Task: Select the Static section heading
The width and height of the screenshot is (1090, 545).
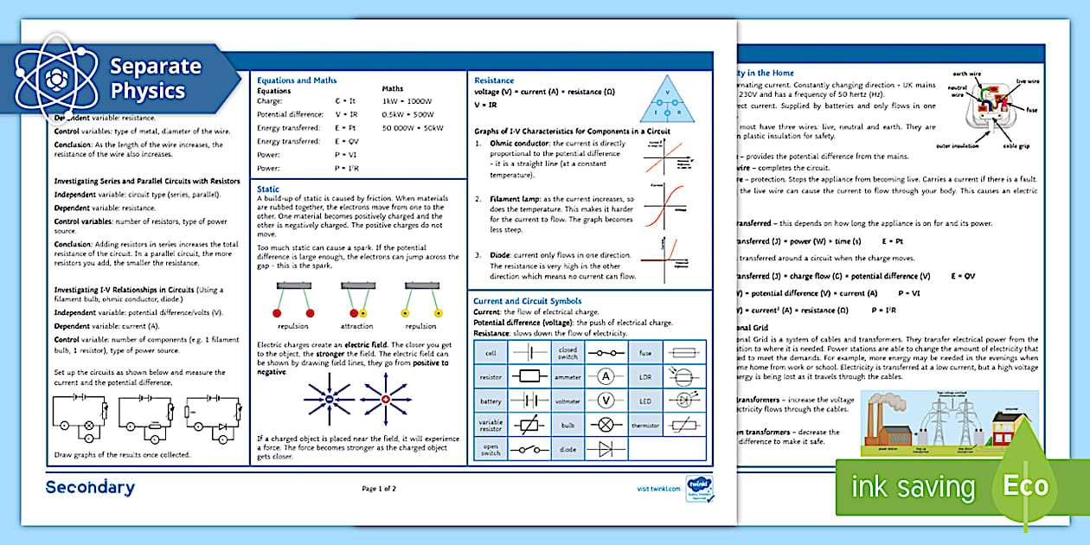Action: point(267,188)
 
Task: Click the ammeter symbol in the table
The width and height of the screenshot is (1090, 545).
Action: point(606,376)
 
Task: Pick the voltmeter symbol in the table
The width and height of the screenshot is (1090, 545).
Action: point(606,401)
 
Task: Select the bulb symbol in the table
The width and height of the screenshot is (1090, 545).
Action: point(606,425)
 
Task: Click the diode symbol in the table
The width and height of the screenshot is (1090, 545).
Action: point(606,449)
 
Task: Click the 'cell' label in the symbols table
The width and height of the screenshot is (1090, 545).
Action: point(490,353)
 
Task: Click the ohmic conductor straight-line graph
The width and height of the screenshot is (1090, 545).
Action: point(664,161)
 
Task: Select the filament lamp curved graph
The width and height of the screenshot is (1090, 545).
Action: point(664,206)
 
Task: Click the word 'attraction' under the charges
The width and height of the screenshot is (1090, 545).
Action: point(356,326)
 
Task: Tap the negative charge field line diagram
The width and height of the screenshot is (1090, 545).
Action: point(330,399)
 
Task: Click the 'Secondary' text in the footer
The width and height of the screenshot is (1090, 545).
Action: point(90,488)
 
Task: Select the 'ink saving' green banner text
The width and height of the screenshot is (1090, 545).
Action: point(913,487)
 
